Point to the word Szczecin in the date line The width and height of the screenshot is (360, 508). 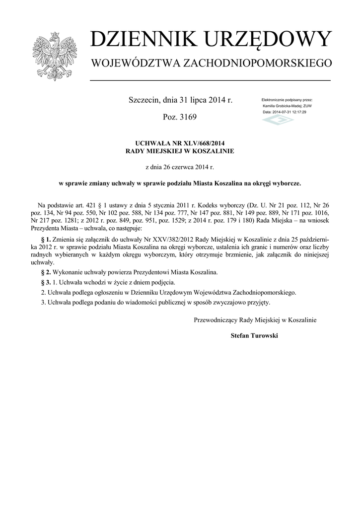(144, 100)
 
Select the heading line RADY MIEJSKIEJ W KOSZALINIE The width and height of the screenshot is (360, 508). (180, 150)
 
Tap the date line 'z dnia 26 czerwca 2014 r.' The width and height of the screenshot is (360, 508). (180, 167)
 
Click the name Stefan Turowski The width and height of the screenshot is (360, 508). (255, 335)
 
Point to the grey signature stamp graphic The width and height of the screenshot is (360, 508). (278, 121)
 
